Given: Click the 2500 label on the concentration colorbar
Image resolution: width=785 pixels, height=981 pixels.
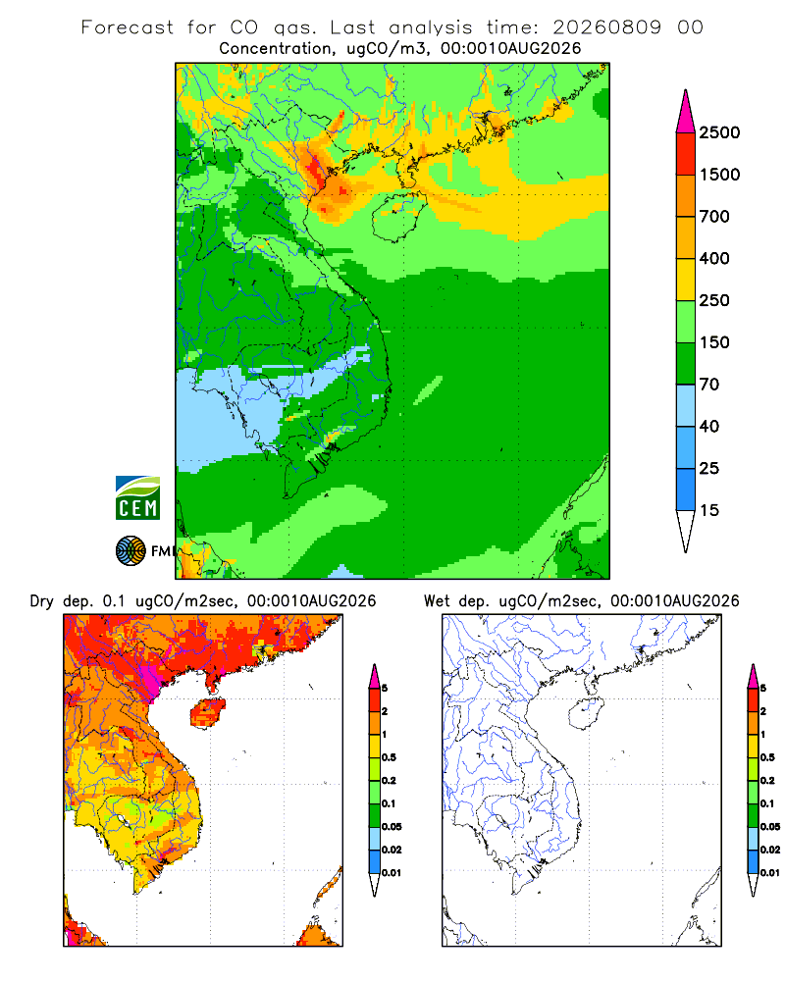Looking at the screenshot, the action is coord(719,132).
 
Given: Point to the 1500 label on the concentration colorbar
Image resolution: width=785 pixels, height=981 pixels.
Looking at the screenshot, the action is coord(719,175).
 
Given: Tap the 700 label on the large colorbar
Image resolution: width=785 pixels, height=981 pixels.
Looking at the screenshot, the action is coord(714,217).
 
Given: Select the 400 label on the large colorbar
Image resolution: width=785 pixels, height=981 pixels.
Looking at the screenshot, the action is coord(714,258).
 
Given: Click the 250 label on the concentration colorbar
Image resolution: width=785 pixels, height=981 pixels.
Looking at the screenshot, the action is coord(714,300).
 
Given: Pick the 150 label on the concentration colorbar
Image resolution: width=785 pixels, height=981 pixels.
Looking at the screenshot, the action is coord(714,342).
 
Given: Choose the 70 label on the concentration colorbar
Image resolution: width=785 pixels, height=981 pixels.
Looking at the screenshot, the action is coord(709,385).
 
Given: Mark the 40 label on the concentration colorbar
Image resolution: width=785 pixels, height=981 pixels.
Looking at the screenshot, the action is coord(709,426).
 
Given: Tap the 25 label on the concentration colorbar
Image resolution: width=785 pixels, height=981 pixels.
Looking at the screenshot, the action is coord(709,468).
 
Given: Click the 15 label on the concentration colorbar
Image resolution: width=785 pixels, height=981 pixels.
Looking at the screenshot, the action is coord(709,510).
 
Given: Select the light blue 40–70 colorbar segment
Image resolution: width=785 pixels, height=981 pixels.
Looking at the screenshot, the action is coord(686,405).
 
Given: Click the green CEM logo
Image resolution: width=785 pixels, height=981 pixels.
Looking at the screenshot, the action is coord(137,498).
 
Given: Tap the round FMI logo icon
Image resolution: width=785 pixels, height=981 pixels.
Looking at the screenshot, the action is coord(131,551).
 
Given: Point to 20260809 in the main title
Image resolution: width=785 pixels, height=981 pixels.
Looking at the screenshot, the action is coord(606,27).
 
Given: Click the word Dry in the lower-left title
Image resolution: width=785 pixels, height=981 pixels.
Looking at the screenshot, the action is coord(41,602).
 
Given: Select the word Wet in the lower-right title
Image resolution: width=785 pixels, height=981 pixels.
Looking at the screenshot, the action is coord(437,601).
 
